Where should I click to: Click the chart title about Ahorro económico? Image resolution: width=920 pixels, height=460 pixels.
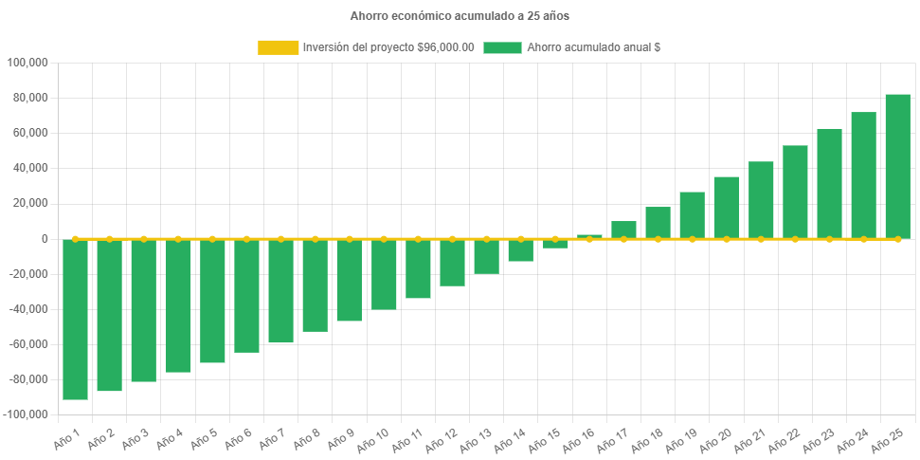pos(460,16)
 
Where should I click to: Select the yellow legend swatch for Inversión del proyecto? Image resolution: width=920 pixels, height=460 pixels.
pos(278,47)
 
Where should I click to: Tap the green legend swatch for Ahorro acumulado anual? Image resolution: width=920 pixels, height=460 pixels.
pos(502,47)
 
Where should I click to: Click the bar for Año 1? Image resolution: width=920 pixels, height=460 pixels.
pos(75,320)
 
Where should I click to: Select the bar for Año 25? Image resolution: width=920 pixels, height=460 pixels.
pos(897,166)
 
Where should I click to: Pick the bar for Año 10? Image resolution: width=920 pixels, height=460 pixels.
pos(384,274)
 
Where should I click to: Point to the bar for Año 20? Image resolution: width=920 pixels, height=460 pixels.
pos(726,207)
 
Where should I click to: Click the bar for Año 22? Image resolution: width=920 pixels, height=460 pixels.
pos(795,192)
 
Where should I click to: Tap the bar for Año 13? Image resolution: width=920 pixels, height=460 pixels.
pos(486,256)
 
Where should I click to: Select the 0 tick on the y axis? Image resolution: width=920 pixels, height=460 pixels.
pos(44,239)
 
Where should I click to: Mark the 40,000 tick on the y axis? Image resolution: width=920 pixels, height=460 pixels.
pos(30,169)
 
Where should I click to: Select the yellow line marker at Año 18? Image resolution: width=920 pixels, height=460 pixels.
pos(658,239)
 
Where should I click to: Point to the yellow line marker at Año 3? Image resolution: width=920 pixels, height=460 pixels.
pos(144,239)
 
